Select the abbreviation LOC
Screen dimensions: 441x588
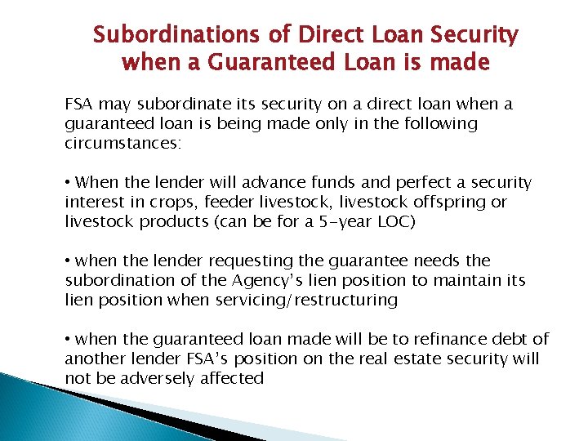click(x=393, y=221)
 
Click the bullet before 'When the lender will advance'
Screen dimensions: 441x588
click(x=69, y=183)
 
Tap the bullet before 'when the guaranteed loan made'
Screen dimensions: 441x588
click(x=69, y=340)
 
